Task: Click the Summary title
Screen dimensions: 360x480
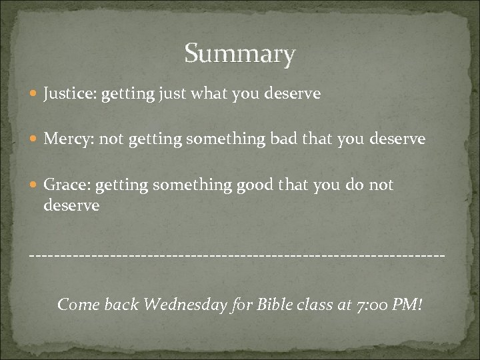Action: (x=239, y=54)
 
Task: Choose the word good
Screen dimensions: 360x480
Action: (x=255, y=184)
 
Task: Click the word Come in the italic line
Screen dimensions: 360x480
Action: (x=79, y=305)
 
